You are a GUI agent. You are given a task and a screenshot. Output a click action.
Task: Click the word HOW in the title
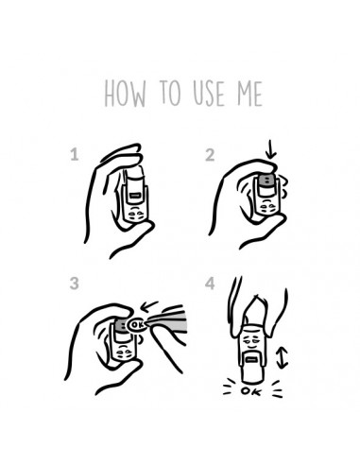pos(126,94)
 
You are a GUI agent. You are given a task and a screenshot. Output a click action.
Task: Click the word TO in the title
pos(170,93)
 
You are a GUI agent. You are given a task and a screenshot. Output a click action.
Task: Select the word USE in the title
pos(209,94)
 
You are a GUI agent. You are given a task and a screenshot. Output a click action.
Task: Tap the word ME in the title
pos(249,94)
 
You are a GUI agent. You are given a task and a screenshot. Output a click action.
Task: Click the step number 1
pos(75,155)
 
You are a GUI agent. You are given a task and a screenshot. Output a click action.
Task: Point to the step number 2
pos(210,155)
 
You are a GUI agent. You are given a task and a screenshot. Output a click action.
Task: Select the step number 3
pos(74,284)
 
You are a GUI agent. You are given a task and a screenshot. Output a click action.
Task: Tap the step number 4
pos(210,284)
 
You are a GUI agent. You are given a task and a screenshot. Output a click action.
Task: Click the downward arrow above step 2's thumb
pos(270,149)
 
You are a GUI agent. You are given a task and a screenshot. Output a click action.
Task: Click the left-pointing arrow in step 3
pos(149,306)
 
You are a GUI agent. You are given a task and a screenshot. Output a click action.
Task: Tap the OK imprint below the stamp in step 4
pos(251,391)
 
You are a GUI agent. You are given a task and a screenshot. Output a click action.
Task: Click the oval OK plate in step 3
pos(137,325)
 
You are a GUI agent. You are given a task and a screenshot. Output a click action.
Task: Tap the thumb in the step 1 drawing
pos(132,239)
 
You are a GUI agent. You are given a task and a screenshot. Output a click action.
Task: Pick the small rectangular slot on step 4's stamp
pos(251,359)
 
